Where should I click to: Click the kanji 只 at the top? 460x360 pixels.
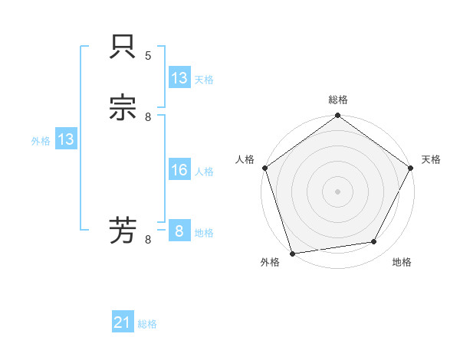tap(123, 47)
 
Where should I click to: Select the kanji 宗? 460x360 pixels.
tap(123, 108)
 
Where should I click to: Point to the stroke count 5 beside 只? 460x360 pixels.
tap(148, 56)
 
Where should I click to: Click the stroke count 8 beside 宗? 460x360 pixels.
tap(148, 116)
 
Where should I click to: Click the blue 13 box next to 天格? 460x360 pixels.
tap(179, 78)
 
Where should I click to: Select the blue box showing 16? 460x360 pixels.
tap(179, 170)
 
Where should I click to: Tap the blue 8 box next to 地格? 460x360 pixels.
tap(179, 231)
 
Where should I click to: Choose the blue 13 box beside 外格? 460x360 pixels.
tap(65, 139)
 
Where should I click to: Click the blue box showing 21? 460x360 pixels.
tap(123, 322)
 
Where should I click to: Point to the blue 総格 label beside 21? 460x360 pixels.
tap(147, 324)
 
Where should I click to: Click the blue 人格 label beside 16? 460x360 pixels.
tap(204, 172)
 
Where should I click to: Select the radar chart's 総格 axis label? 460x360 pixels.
tap(338, 100)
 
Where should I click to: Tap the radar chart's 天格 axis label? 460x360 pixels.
tap(431, 159)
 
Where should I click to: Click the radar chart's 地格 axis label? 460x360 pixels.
tap(402, 263)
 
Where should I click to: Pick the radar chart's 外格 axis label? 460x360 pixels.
tap(270, 263)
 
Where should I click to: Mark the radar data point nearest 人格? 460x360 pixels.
tap(265, 168)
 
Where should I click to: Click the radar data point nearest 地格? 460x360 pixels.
tap(374, 241)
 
